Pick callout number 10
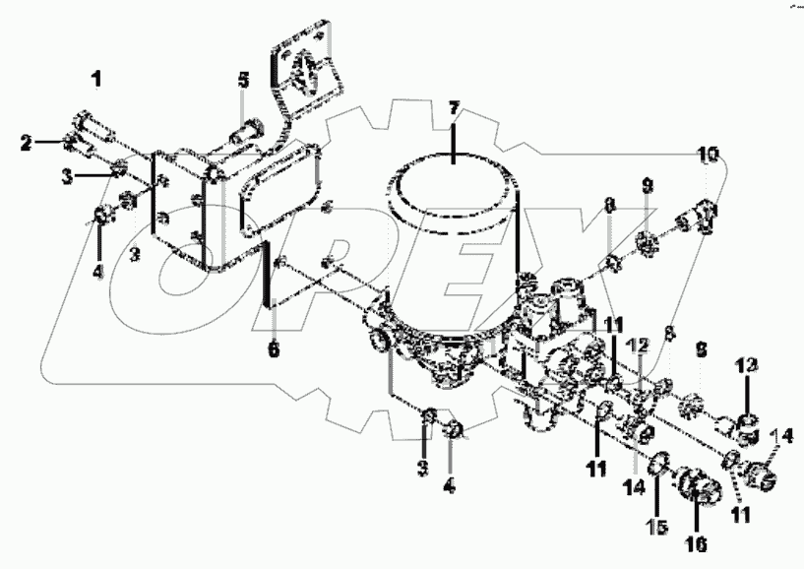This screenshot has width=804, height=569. point(710,155)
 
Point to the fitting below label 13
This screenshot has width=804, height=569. point(748,426)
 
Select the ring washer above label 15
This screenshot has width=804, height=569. point(661,458)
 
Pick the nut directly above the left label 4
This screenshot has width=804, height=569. point(101,215)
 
